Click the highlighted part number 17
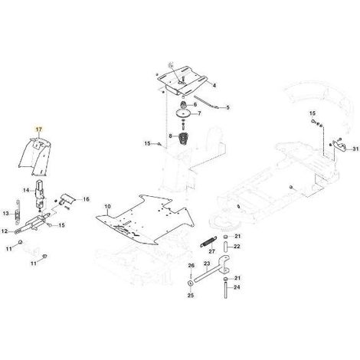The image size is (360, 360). [x=38, y=129]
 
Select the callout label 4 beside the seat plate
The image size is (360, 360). [x=214, y=85]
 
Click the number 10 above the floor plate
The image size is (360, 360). [x=108, y=206]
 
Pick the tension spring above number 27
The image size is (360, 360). [x=208, y=241]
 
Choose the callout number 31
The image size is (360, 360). [x=355, y=149]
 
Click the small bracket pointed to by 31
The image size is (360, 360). [x=339, y=145]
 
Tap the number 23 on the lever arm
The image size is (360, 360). [x=207, y=263]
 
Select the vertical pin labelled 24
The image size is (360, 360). [x=225, y=289]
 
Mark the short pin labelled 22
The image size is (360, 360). [x=225, y=247]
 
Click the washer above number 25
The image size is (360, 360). [x=191, y=283]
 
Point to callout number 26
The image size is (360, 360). [x=191, y=266]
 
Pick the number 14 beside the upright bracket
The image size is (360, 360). [x=26, y=190]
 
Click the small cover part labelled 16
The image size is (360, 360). [x=67, y=198]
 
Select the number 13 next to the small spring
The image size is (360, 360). [x=5, y=213]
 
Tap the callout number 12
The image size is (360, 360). [x=5, y=231]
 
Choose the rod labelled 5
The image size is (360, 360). [x=206, y=102]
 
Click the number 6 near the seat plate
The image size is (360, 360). [x=202, y=104]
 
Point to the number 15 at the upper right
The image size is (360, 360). [x=313, y=113]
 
